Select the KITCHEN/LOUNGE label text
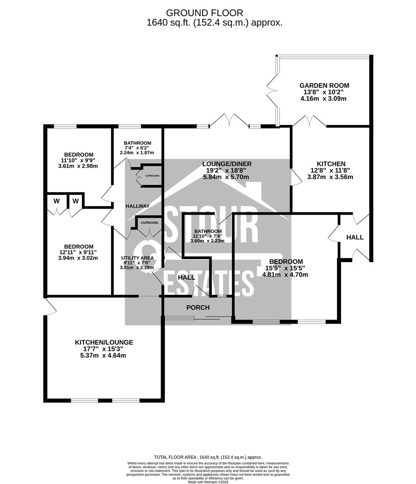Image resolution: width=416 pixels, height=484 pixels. (104, 342)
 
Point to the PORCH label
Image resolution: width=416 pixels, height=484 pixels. (198, 307)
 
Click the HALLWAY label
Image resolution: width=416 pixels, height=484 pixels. (138, 206)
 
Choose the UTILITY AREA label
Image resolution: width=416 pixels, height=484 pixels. (137, 258)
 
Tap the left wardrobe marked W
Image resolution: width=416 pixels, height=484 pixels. (56, 201)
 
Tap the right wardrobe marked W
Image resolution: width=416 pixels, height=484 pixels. (76, 201)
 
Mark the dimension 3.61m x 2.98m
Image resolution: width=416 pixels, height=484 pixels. (78, 166)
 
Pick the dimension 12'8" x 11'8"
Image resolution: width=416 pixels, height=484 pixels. (331, 170)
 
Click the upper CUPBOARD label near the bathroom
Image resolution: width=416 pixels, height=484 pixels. (152, 176)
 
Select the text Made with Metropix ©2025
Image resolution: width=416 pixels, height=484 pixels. (208, 482)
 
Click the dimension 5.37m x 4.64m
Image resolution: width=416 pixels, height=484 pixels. (104, 355)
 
